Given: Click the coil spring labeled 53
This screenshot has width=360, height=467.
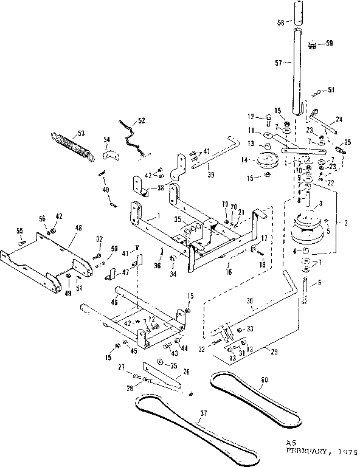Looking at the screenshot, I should tap(72, 147).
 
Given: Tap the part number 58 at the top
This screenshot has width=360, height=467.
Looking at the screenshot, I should tap(280, 22).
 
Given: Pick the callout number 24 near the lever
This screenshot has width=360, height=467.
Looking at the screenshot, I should tap(339, 119).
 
